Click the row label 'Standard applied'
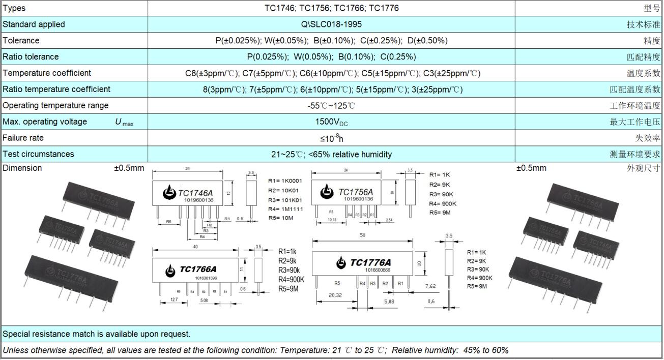pos(34,24)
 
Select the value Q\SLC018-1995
pos(331,24)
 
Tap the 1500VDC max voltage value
pos(331,122)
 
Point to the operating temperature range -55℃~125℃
pos(331,106)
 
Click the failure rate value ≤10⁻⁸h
pos(331,138)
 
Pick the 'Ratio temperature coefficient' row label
pos(56,89)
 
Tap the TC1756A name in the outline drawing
pos(355,192)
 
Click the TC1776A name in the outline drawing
pos(373,262)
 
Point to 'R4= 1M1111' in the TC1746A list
pos(285,209)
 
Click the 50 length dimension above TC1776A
pos(362,235)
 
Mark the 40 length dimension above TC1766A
pos(195,247)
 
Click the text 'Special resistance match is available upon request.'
pos(97,334)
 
